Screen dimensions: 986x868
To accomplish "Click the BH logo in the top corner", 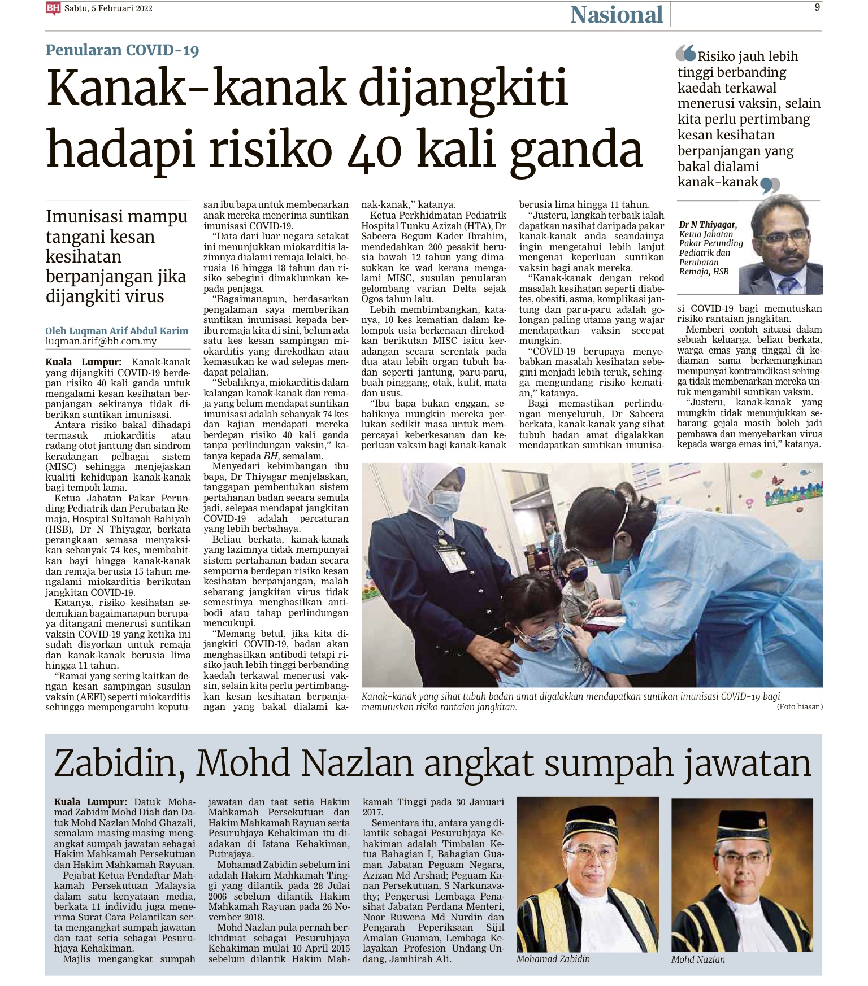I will pos(53,8).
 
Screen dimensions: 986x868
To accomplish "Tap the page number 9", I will pos(817,7).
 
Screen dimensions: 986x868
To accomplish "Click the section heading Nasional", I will pos(616,15).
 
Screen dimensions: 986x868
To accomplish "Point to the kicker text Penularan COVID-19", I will pos(122,50).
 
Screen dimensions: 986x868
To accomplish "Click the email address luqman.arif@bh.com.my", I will pos(101,342).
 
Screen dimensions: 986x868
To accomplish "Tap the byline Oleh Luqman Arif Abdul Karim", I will pos(117,331).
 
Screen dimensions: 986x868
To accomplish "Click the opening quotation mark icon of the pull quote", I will pos(685,53).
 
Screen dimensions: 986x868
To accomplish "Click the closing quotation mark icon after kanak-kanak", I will pos(770,185).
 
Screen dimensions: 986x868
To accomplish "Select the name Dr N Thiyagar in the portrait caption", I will pos(708,225).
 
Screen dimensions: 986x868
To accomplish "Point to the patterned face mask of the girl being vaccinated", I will pos(540,636).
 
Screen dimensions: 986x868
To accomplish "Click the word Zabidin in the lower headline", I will pos(119,763).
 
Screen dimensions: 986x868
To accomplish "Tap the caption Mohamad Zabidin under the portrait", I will pos(553,959).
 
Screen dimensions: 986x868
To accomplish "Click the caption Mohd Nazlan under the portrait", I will pos(698,959).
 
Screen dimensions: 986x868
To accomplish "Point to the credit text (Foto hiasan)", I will pos(800,706).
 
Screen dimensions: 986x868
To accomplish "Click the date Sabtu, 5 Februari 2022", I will pos(108,8).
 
